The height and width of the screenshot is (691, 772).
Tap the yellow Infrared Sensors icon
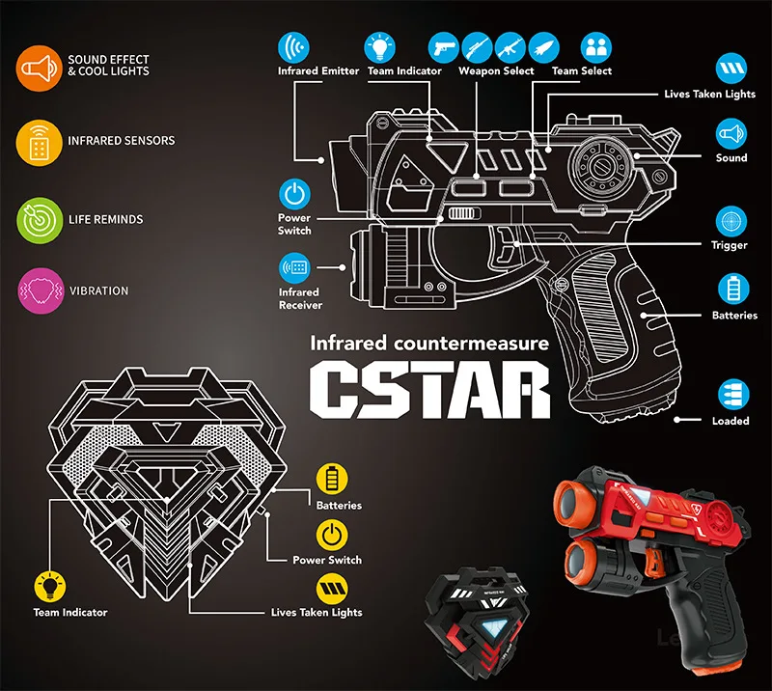click(37, 142)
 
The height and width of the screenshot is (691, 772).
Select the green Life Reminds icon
click(37, 220)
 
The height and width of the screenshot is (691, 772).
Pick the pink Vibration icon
click(37, 290)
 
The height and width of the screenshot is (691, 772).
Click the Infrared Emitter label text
click(318, 71)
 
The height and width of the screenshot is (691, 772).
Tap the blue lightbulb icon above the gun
click(380, 46)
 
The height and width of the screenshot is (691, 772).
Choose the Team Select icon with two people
click(596, 46)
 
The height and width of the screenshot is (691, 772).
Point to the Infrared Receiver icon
click(295, 266)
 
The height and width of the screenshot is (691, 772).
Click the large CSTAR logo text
click(430, 388)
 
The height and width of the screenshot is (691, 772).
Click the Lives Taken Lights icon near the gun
click(730, 69)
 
